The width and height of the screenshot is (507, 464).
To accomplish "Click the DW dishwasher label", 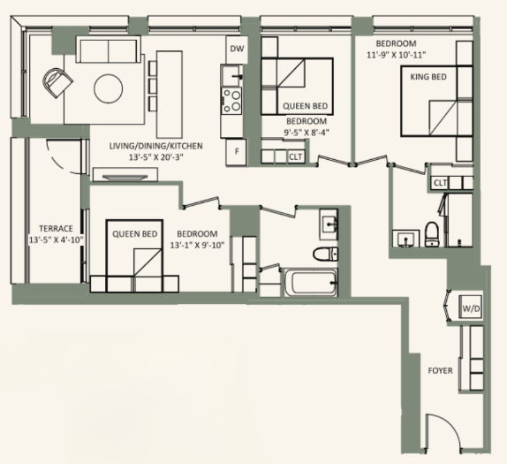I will pos(236,49).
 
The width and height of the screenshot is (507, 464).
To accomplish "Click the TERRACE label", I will pos(56,227).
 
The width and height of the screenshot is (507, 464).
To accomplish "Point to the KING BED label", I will pos(428,78).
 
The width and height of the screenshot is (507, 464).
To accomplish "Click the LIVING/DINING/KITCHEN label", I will pos(155,145).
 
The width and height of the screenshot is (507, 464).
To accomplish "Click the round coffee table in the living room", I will pos(110,88).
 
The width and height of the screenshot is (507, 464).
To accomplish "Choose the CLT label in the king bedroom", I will pos(440,183).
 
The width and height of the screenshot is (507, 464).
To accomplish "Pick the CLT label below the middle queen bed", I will pos(295,156).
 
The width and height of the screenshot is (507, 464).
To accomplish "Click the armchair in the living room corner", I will pos(57,84).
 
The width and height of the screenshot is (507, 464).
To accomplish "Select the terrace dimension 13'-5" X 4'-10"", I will pos(56,240).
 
